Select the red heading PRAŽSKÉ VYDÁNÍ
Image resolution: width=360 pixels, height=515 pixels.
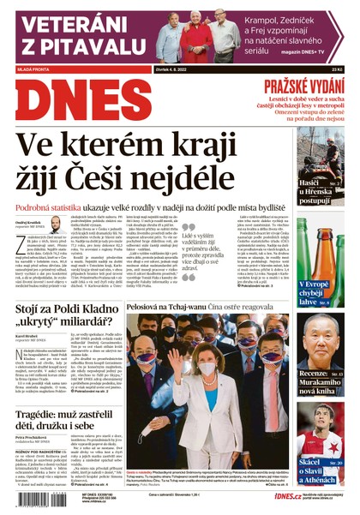click(x=303, y=86)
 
